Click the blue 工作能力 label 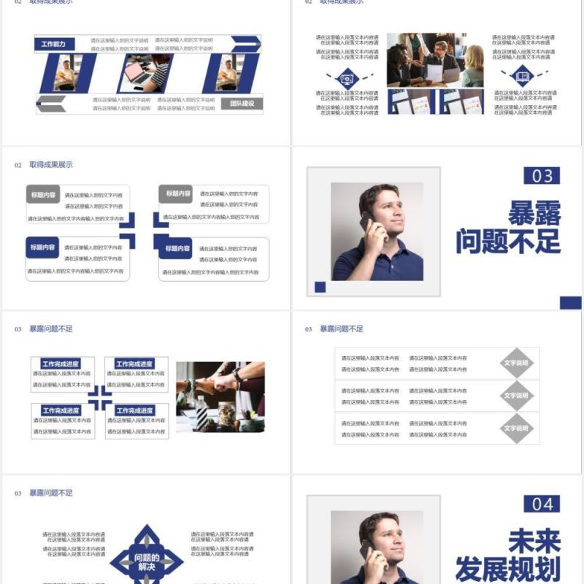[53, 45]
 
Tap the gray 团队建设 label [242, 104]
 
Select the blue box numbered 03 [542, 175]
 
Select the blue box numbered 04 [542, 504]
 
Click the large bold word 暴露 [535, 213]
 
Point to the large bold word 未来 [535, 542]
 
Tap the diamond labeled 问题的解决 [147, 561]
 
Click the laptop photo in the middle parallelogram [147, 73]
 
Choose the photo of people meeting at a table [435, 60]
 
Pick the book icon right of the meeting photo [523, 74]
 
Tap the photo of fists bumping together [220, 396]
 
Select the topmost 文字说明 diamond [516, 364]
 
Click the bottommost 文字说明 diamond [516, 429]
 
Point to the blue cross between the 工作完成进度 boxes [100, 399]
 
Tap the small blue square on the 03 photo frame [320, 287]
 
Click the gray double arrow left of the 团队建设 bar [51, 104]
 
